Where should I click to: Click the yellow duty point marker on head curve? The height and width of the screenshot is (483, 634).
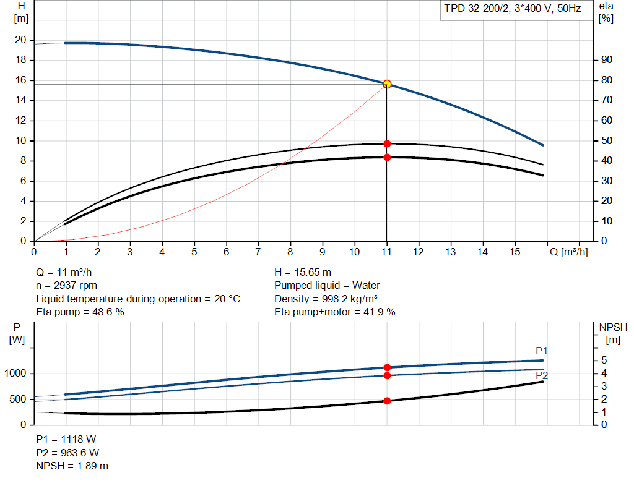click(x=387, y=84)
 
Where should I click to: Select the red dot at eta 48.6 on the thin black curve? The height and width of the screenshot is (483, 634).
click(x=387, y=143)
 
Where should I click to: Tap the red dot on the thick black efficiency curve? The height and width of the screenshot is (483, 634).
click(x=387, y=157)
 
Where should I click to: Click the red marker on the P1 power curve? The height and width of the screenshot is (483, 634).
click(x=387, y=367)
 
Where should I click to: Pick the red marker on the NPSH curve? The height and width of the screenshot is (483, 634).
click(x=387, y=401)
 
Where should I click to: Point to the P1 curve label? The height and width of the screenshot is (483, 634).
click(x=542, y=351)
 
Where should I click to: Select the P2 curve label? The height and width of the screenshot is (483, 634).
click(x=542, y=375)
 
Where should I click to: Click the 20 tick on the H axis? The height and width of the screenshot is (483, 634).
click(x=20, y=40)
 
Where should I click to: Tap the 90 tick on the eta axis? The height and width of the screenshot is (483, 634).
click(x=606, y=60)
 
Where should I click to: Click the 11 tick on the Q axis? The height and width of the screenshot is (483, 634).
click(x=387, y=252)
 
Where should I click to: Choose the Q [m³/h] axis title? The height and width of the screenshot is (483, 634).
click(x=568, y=252)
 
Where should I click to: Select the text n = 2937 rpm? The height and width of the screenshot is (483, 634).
click(x=67, y=285)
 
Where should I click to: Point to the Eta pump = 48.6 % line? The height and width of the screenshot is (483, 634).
click(x=80, y=312)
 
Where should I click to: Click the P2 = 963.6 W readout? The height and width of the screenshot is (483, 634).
click(x=67, y=453)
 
